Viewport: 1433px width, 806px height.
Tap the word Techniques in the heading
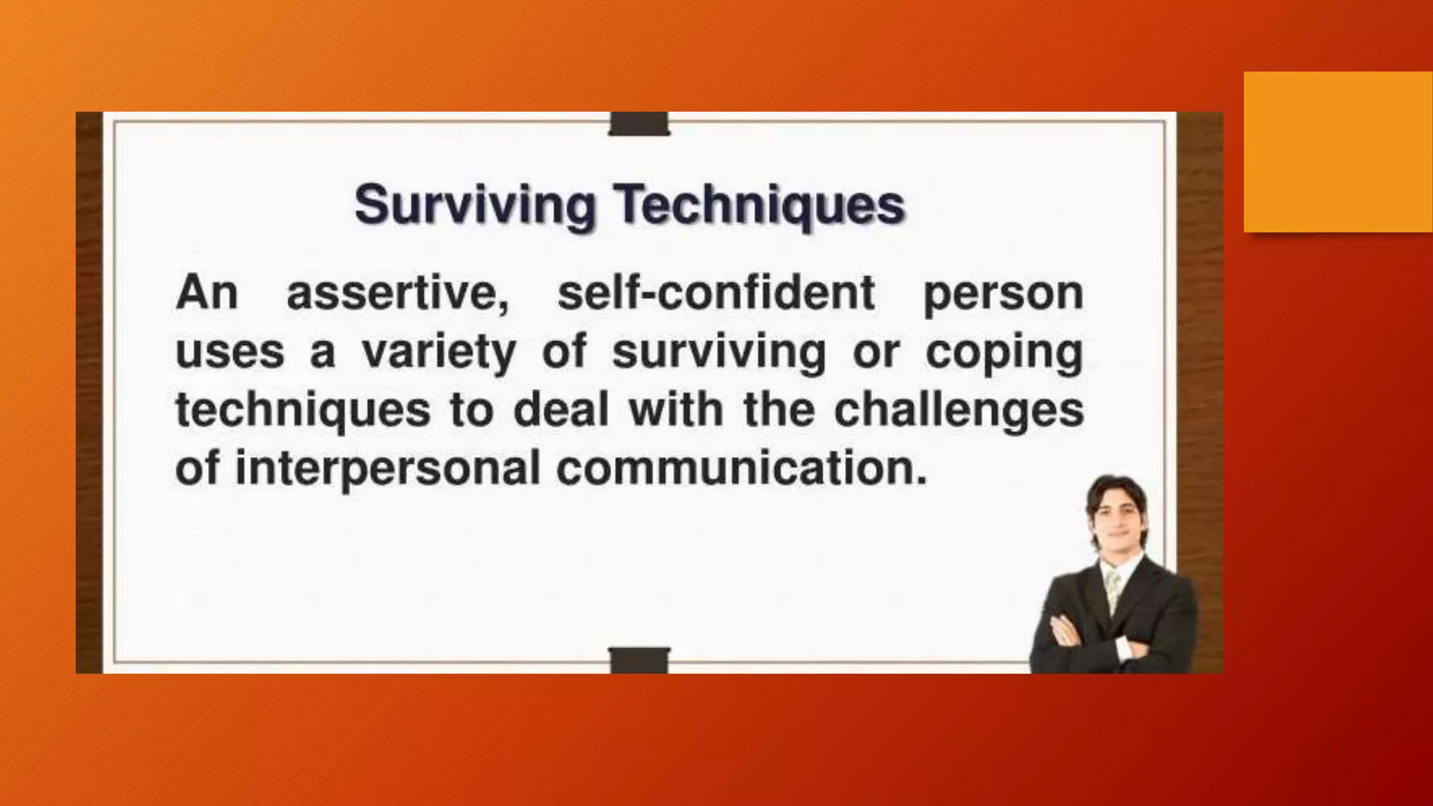(760, 206)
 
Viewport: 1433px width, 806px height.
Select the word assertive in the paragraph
(397, 293)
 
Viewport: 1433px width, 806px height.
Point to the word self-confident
(715, 293)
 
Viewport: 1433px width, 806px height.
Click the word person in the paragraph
(1003, 293)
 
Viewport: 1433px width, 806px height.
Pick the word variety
(439, 352)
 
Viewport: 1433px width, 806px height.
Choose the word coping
(1004, 352)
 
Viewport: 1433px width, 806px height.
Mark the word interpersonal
(388, 469)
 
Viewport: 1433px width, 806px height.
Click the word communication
(742, 469)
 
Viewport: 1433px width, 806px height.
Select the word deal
(560, 411)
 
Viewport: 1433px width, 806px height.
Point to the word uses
(230, 352)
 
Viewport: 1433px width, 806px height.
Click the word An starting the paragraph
(207, 293)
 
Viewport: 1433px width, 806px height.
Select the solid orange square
(1338, 151)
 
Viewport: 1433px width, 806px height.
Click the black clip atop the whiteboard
(639, 124)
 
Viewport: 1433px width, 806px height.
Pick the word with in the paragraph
(676, 411)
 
